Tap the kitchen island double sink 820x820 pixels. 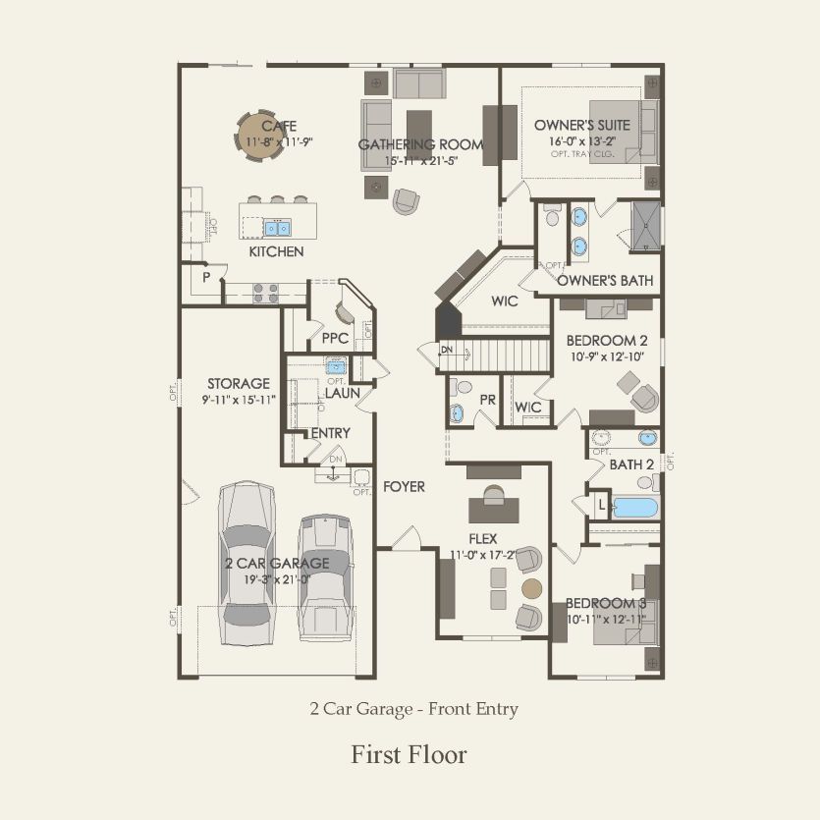click(276, 228)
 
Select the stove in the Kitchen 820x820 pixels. click(266, 291)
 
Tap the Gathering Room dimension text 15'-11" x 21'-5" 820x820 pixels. click(420, 160)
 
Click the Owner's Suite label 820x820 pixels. click(581, 126)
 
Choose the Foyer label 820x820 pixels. click(404, 486)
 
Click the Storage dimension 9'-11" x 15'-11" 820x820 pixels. click(238, 400)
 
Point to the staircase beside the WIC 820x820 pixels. click(505, 353)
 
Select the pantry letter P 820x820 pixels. click(206, 277)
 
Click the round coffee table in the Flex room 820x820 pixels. click(531, 589)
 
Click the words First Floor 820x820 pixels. click(409, 754)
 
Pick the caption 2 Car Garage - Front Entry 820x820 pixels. click(413, 708)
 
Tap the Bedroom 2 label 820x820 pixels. click(606, 341)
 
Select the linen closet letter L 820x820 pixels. click(602, 503)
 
